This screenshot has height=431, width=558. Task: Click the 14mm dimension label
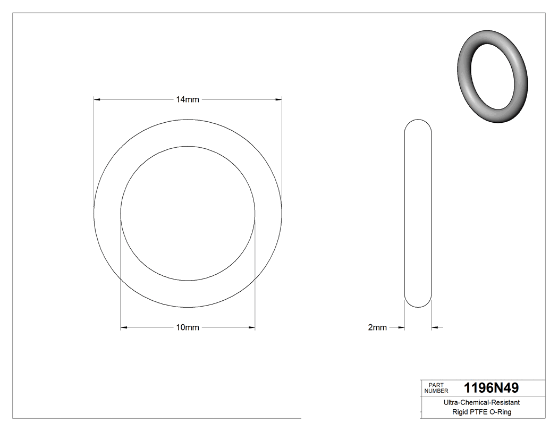click(188, 100)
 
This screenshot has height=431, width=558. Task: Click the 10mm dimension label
click(188, 327)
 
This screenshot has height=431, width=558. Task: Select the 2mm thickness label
click(377, 327)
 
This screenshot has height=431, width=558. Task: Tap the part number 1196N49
click(491, 388)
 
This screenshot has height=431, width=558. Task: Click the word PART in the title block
click(436, 385)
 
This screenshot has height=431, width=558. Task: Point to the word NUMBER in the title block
click(436, 391)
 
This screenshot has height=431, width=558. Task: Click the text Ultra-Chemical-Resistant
click(481, 402)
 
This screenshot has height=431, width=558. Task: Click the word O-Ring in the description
click(501, 412)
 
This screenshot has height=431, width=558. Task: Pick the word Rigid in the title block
click(461, 412)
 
